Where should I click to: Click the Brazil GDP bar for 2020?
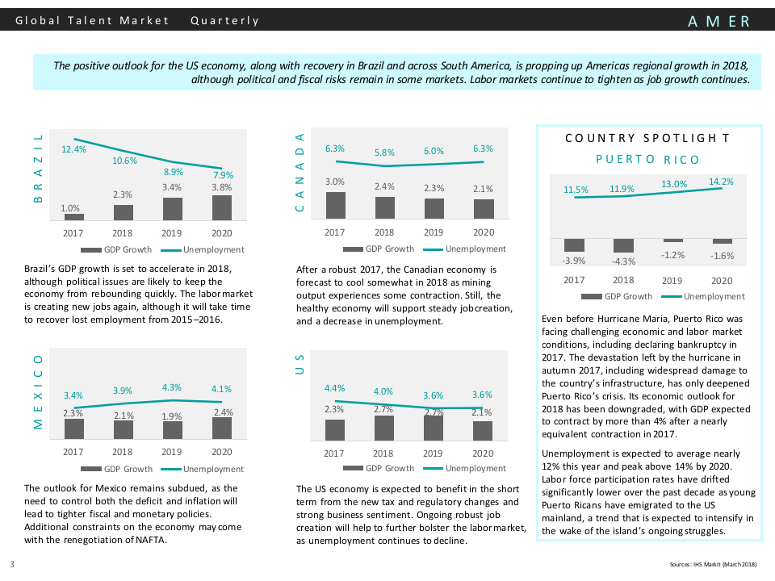(222, 207)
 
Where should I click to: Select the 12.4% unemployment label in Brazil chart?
(73, 150)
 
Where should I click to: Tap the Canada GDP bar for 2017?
(335, 206)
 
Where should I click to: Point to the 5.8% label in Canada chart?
(384, 153)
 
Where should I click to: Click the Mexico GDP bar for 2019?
(173, 429)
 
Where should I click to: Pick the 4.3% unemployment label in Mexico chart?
(172, 387)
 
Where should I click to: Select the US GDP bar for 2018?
(384, 428)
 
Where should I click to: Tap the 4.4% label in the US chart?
(334, 388)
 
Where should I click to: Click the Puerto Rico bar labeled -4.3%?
(623, 245)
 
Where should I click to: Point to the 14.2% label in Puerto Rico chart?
(721, 182)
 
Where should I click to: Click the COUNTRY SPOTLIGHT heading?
(648, 138)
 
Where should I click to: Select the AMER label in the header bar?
(719, 22)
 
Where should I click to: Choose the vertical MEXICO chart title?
(37, 391)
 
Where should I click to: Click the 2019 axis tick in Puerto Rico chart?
(672, 280)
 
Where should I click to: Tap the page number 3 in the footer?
(12, 563)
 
